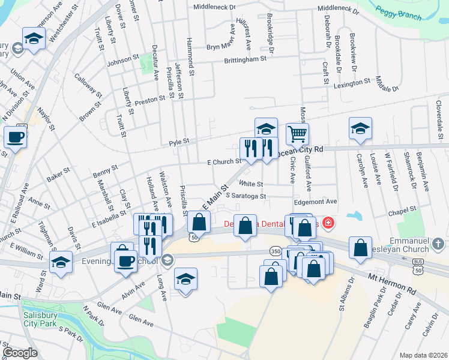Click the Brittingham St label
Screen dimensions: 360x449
click(x=245, y=59)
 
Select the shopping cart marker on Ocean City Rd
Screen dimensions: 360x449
click(x=297, y=134)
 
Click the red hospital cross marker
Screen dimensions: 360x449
click(x=328, y=224)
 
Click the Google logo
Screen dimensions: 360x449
click(x=20, y=352)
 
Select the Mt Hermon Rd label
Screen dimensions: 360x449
click(x=392, y=284)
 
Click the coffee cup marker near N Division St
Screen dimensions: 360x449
click(x=15, y=137)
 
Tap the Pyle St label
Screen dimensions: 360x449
click(x=179, y=142)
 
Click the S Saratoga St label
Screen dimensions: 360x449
click(x=245, y=196)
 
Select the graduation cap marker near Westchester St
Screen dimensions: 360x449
click(x=34, y=38)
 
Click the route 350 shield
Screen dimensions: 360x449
click(x=275, y=251)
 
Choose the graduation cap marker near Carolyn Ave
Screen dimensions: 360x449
click(x=360, y=128)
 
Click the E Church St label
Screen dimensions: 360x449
click(x=224, y=161)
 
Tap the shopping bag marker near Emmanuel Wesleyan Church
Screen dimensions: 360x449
click(x=360, y=249)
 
